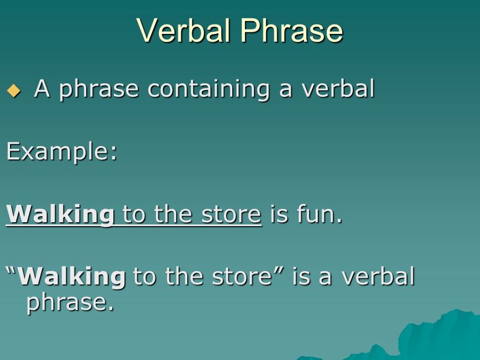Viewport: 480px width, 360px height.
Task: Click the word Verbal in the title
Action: click(x=184, y=30)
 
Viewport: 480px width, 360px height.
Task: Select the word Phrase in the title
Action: click(x=292, y=30)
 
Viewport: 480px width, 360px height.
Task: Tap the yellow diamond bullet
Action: click(x=14, y=91)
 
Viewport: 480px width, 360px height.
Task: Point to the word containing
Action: click(x=208, y=89)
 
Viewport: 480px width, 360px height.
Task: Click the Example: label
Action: click(x=62, y=152)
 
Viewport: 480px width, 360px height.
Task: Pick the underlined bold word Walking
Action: click(x=61, y=214)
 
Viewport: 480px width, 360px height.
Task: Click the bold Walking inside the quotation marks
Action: click(x=72, y=276)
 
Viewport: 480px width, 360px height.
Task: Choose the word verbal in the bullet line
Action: click(x=338, y=88)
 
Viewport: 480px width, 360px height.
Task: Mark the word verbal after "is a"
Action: click(x=378, y=276)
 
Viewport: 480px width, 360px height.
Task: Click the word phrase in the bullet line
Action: click(x=99, y=89)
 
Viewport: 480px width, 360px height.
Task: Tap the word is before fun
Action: click(x=279, y=214)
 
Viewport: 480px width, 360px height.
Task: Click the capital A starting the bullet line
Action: click(x=42, y=88)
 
